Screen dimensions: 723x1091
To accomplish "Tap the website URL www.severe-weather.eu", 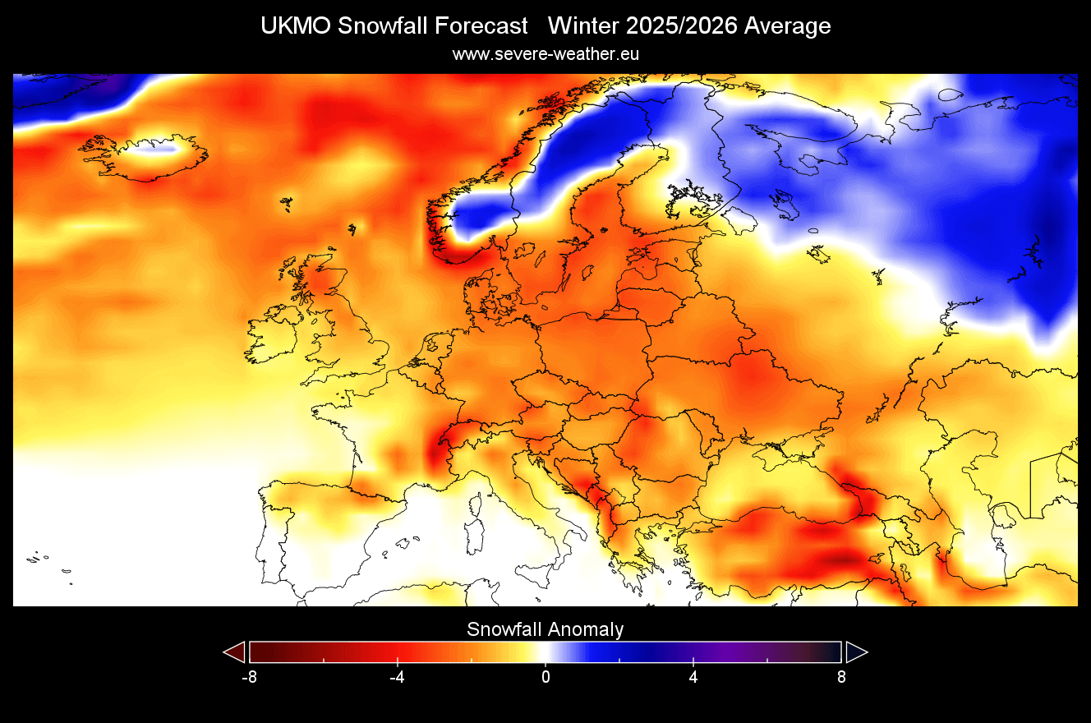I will click(545, 54).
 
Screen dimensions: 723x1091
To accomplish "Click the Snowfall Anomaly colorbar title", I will click(545, 629).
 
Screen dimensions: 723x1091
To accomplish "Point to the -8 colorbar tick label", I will click(249, 678).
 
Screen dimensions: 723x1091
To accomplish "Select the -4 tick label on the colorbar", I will click(397, 678).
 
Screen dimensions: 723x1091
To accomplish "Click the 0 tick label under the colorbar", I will click(545, 678).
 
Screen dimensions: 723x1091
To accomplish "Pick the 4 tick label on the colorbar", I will click(693, 678).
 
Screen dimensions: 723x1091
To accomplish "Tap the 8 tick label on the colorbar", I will click(841, 678).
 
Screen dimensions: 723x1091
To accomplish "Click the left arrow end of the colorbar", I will click(235, 652).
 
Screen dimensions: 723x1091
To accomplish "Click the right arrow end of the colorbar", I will click(856, 652).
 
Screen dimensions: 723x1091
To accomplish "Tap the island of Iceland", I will click(144, 156).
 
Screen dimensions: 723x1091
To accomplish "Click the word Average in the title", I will click(787, 26).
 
